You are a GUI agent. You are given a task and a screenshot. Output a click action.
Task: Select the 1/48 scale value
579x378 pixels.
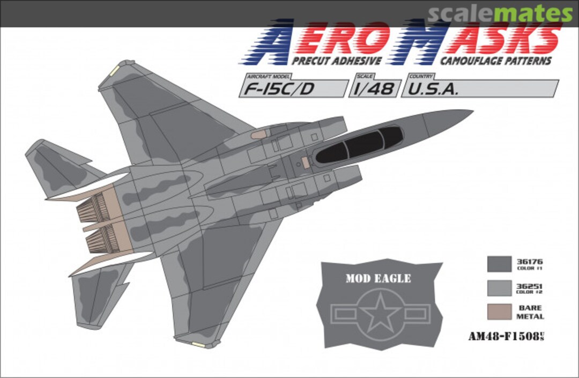click(374, 89)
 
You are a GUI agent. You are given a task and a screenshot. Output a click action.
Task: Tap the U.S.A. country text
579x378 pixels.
click(433, 89)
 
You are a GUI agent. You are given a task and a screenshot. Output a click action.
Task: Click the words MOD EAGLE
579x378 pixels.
click(378, 278)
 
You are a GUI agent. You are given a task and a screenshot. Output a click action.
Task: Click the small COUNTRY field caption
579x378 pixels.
click(420, 77)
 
